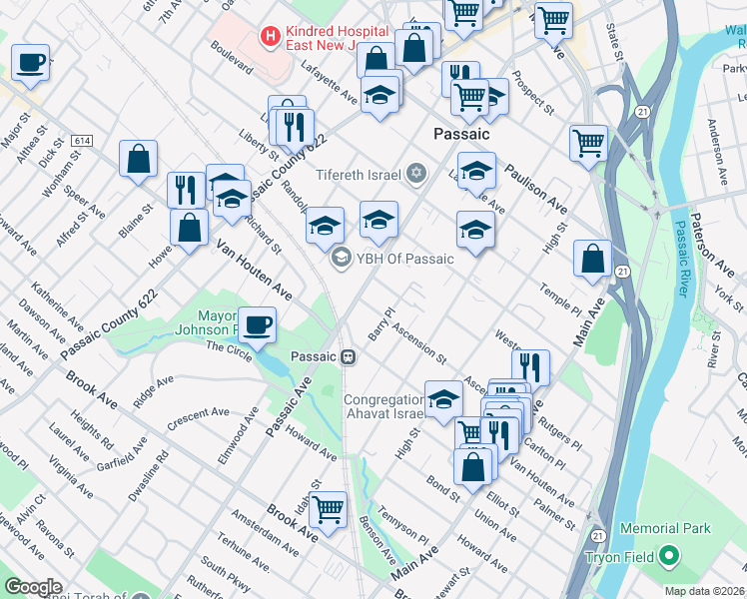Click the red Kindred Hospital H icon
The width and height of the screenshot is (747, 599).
269,37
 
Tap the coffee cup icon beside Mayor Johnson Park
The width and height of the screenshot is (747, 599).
257,324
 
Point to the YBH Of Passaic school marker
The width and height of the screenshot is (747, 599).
341,259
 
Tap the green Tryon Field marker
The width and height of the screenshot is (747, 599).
668,556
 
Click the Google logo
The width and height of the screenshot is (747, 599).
34,587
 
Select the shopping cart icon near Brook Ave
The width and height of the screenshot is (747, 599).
328,509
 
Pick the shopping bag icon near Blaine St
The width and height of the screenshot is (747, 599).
138,158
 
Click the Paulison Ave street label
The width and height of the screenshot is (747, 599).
535,189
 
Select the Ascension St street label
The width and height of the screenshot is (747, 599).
419,340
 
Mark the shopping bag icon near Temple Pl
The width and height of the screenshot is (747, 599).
592,259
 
